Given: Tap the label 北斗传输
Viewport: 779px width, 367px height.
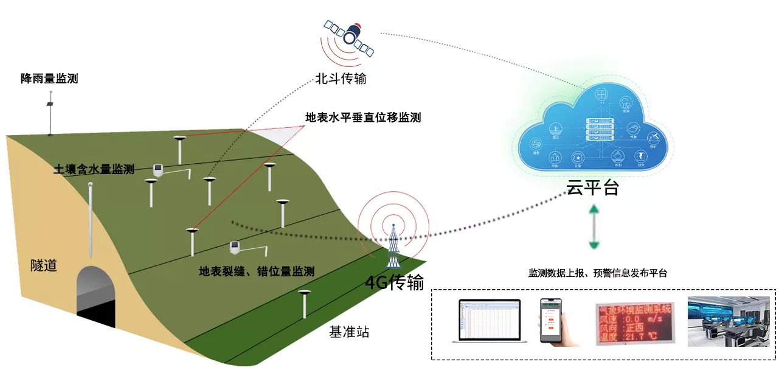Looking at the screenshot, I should pyautogui.click(x=341, y=79).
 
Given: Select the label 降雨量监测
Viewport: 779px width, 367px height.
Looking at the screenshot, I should pyautogui.click(x=49, y=79).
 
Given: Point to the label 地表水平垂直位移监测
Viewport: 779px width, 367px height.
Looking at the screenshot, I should pyautogui.click(x=363, y=117).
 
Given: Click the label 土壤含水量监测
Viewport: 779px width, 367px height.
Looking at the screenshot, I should pyautogui.click(x=94, y=170).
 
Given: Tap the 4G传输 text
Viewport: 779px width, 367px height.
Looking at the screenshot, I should pyautogui.click(x=394, y=282).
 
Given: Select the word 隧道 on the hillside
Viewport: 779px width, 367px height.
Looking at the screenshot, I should pyautogui.click(x=44, y=265).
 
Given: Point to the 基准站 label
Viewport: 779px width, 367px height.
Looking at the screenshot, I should pyautogui.click(x=349, y=332).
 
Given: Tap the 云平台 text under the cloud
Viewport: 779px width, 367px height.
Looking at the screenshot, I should pyautogui.click(x=593, y=188).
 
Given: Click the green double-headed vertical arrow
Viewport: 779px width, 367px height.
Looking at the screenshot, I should pyautogui.click(x=594, y=227).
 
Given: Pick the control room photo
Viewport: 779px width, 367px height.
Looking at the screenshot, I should pyautogui.click(x=727, y=321).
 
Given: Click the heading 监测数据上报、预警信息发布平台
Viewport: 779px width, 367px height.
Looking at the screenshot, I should pyautogui.click(x=598, y=273).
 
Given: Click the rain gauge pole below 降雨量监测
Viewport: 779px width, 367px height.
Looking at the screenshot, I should pyautogui.click(x=50, y=113).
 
